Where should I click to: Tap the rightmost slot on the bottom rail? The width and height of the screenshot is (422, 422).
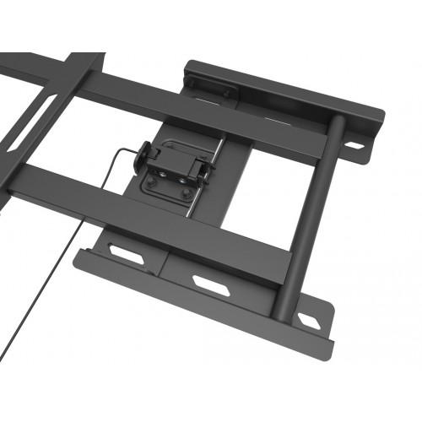point(307,320)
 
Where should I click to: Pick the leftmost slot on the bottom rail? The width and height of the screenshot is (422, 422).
point(126,254)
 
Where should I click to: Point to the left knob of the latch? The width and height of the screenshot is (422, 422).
point(145,156)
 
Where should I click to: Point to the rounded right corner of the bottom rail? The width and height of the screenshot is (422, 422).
point(327,342)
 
